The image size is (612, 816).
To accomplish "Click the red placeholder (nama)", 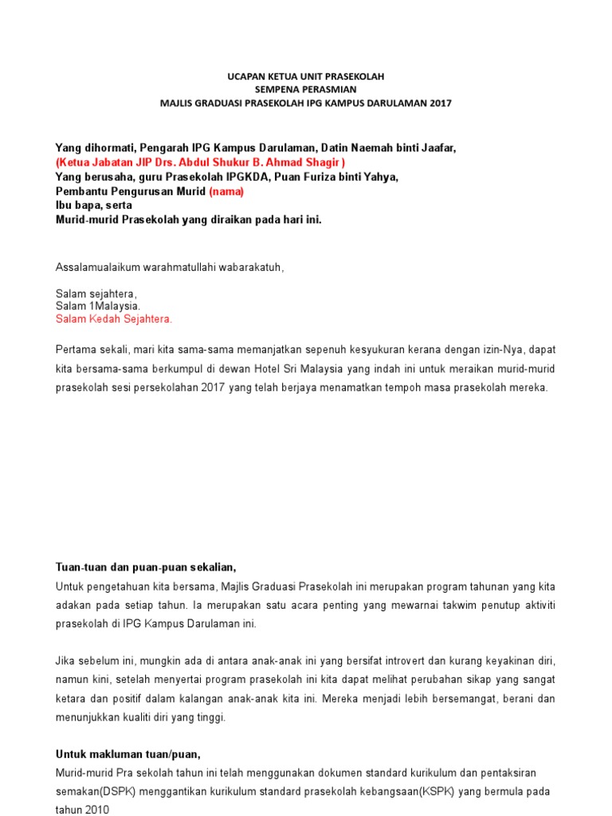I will point(227,191).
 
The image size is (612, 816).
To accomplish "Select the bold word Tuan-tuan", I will point(79,567).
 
